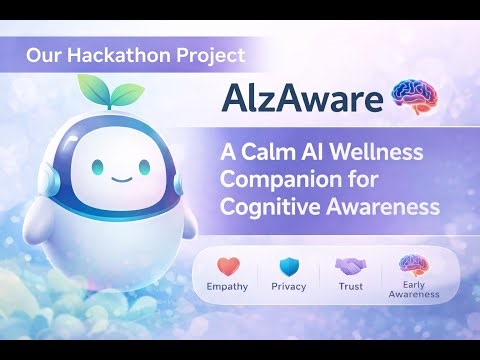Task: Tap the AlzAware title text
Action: tap(303, 100)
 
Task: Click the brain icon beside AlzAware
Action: tap(413, 98)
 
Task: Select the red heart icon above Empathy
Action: tap(229, 267)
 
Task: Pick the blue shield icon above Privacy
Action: tap(289, 267)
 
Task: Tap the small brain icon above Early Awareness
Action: tap(413, 263)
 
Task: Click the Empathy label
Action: tap(229, 287)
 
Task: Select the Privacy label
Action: tap(289, 287)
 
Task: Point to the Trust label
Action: tap(350, 287)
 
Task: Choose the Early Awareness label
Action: tap(413, 291)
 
